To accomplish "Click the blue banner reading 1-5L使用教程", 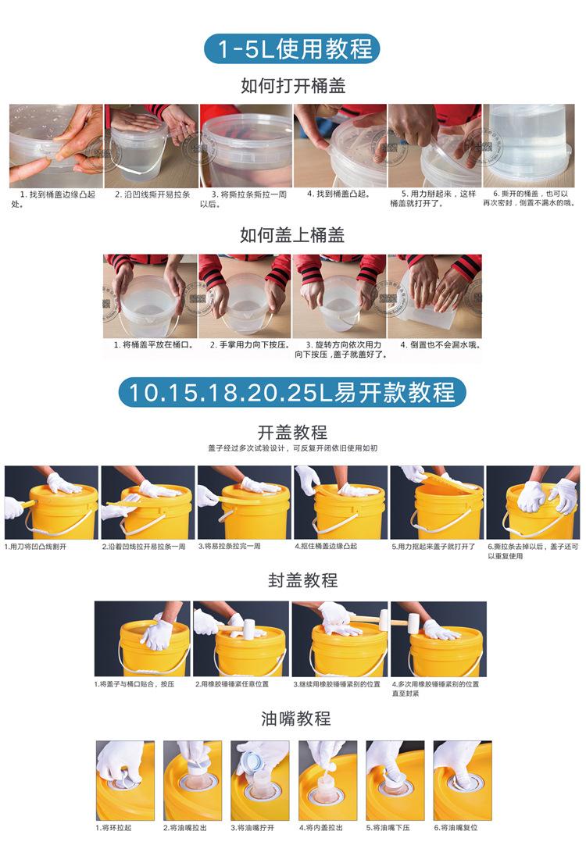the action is pyautogui.click(x=292, y=48).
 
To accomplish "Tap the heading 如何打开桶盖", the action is pyautogui.click(x=293, y=86).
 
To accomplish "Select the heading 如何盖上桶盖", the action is pyautogui.click(x=292, y=235).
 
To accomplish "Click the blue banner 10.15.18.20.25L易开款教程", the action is pyautogui.click(x=292, y=392).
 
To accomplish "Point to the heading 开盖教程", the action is pyautogui.click(x=292, y=432).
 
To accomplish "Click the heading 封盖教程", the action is pyautogui.click(x=303, y=580).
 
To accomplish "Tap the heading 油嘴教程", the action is pyautogui.click(x=296, y=719).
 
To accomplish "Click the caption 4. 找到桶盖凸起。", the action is pyautogui.click(x=339, y=194).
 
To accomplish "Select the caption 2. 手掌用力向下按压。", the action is pyautogui.click(x=249, y=345).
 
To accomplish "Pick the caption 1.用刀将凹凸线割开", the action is pyautogui.click(x=35, y=547).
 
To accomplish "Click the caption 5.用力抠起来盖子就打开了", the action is pyautogui.click(x=433, y=547).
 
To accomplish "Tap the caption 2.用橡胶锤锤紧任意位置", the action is pyautogui.click(x=232, y=684).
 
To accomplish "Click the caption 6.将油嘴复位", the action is pyautogui.click(x=456, y=828).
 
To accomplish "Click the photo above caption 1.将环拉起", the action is pyautogui.click(x=125, y=780).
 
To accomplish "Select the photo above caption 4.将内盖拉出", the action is pyautogui.click(x=327, y=780).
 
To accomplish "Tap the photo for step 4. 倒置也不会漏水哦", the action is pyautogui.click(x=434, y=296).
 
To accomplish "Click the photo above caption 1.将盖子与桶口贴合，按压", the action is pyautogui.click(x=142, y=638).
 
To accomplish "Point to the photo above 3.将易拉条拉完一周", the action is pyautogui.click(x=244, y=502).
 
